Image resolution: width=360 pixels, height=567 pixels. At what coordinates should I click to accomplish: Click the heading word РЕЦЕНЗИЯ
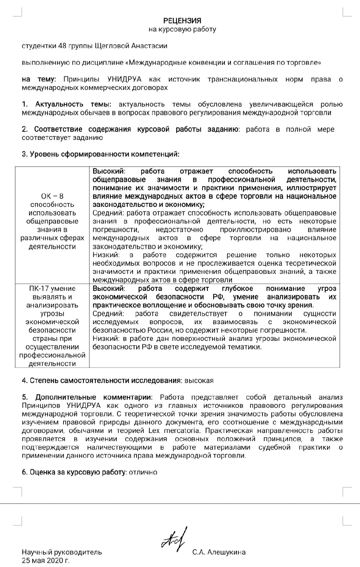[182, 21]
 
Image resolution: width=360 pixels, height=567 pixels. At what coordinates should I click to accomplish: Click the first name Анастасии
[149, 46]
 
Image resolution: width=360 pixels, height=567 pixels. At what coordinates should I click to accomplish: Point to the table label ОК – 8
[52, 196]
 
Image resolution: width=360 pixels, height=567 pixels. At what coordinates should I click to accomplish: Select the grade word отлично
[143, 472]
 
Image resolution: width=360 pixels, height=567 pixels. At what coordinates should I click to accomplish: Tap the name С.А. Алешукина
[219, 552]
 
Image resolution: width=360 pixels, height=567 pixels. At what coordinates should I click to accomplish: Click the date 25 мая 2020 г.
[46, 561]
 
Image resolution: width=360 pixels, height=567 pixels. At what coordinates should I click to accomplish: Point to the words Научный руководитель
[62, 552]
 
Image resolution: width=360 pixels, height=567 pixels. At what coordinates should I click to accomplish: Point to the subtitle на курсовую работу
[182, 29]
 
